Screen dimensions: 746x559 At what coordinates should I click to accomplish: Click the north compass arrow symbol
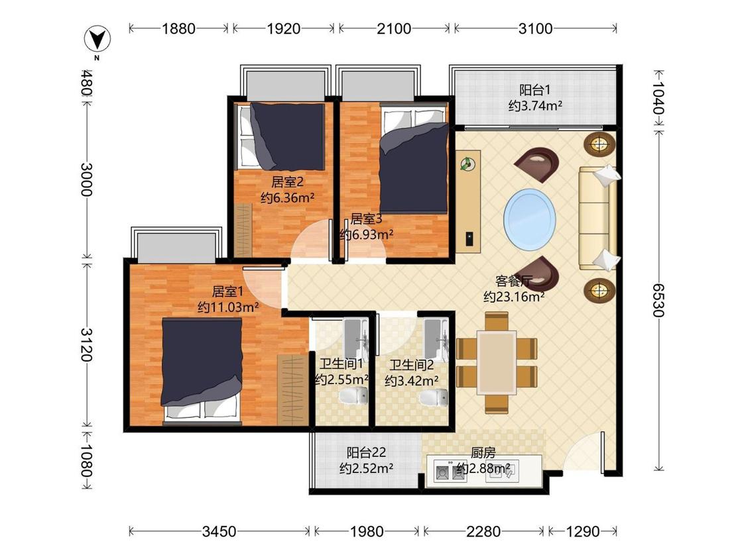point(97,39)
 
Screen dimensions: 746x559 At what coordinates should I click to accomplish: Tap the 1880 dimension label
point(178,28)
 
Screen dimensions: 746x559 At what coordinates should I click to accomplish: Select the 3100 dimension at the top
point(535,28)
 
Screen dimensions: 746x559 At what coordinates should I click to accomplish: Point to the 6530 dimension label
point(658,300)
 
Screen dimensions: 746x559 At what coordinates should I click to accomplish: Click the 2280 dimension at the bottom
point(483,531)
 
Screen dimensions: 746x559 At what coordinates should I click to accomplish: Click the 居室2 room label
point(287,182)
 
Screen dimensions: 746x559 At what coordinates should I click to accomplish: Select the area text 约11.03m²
point(228,307)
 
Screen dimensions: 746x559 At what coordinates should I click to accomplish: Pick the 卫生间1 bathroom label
point(341,364)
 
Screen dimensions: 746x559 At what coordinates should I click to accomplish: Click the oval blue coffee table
point(529,219)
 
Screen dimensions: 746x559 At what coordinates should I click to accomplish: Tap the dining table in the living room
point(497,362)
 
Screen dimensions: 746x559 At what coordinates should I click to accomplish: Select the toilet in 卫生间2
point(434,397)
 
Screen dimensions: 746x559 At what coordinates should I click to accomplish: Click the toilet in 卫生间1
point(353,395)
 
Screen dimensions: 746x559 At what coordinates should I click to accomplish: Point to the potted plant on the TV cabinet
point(467,164)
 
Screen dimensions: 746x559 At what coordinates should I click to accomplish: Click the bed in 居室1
point(202,370)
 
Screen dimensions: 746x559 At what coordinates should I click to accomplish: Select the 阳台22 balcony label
point(366,452)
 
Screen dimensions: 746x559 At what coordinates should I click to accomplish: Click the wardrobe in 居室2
point(243,230)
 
